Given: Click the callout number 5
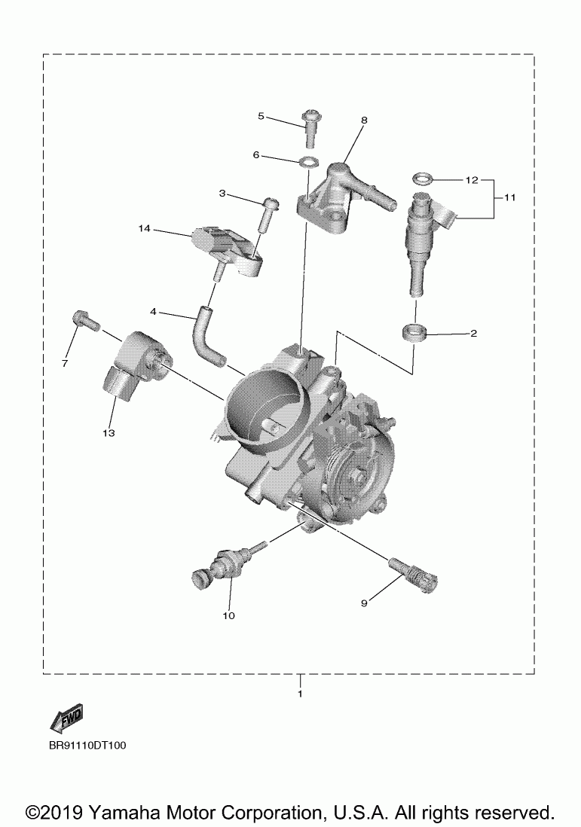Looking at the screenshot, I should (x=261, y=116).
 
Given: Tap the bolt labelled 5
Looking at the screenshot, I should (x=310, y=127).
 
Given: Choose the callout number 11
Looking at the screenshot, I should (x=510, y=198).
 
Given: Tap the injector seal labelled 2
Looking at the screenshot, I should (x=414, y=331).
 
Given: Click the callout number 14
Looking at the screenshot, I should (x=145, y=227).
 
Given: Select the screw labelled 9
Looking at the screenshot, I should (x=414, y=573).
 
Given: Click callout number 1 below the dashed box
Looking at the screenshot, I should (x=301, y=693).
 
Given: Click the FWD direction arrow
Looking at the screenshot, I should (x=66, y=718).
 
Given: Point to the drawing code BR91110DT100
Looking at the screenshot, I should (x=87, y=746).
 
